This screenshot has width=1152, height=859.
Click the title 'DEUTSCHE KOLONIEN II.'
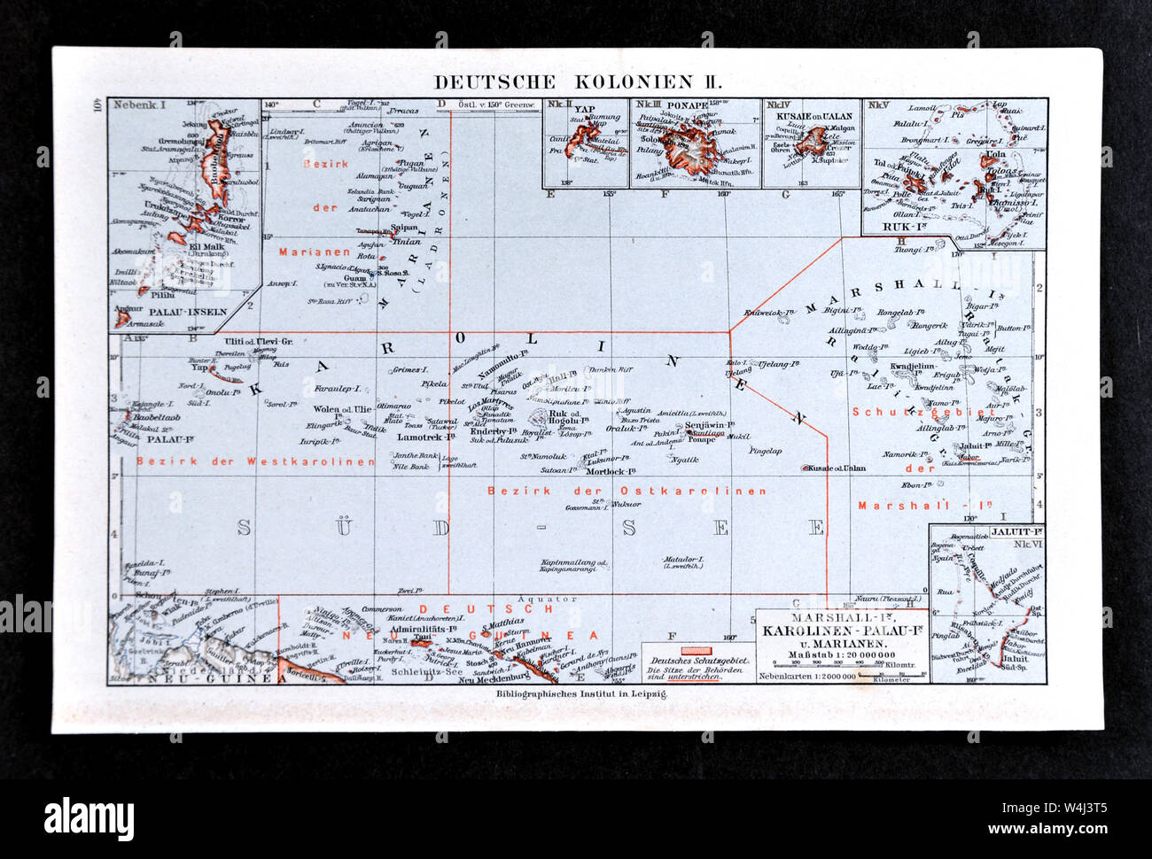coord(577,82)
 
